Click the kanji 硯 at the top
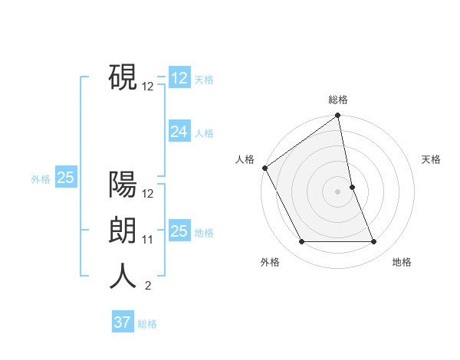click(x=123, y=77)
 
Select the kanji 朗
click(x=123, y=231)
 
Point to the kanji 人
click(x=123, y=277)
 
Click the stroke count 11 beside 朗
click(x=148, y=240)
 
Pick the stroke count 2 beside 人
click(x=148, y=286)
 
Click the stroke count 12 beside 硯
click(x=148, y=87)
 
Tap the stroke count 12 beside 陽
click(x=148, y=194)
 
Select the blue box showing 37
click(x=123, y=322)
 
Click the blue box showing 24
click(x=179, y=132)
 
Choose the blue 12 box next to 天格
click(x=179, y=78)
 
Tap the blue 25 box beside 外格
click(x=65, y=178)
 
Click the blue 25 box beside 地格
click(x=179, y=231)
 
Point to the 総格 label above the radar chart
click(x=338, y=100)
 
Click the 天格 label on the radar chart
click(x=432, y=159)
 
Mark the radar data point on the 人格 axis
click(x=264, y=168)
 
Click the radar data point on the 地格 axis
click(x=374, y=242)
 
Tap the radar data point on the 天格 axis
click(x=352, y=187)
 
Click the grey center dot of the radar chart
click(x=338, y=191)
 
